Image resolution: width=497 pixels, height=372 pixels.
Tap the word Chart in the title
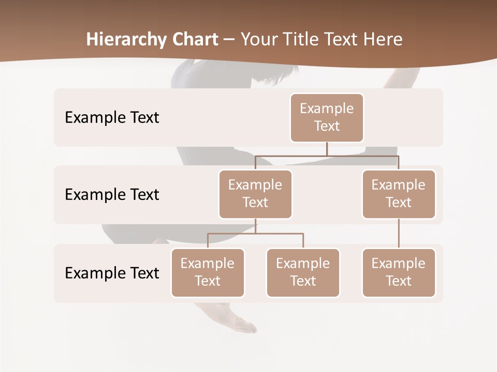[x=195, y=40]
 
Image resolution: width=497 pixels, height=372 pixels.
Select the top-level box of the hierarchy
[x=327, y=118]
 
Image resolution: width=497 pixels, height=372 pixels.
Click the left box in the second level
[x=255, y=194]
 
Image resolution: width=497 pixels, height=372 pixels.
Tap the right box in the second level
[x=399, y=194]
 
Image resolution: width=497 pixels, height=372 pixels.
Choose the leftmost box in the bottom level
[x=208, y=272]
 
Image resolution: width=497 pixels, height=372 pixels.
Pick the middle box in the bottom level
[x=303, y=272]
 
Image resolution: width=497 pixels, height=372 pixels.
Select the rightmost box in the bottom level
[x=399, y=272]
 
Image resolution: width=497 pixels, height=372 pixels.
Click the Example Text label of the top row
[x=112, y=118]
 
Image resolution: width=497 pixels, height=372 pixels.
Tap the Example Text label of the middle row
[x=112, y=195]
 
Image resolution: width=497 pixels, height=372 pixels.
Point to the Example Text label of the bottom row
[x=112, y=273]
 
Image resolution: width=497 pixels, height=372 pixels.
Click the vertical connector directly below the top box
[x=327, y=149]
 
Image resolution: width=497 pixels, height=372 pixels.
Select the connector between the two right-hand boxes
[x=399, y=234]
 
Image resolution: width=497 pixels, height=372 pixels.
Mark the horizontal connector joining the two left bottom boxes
[x=255, y=234]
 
